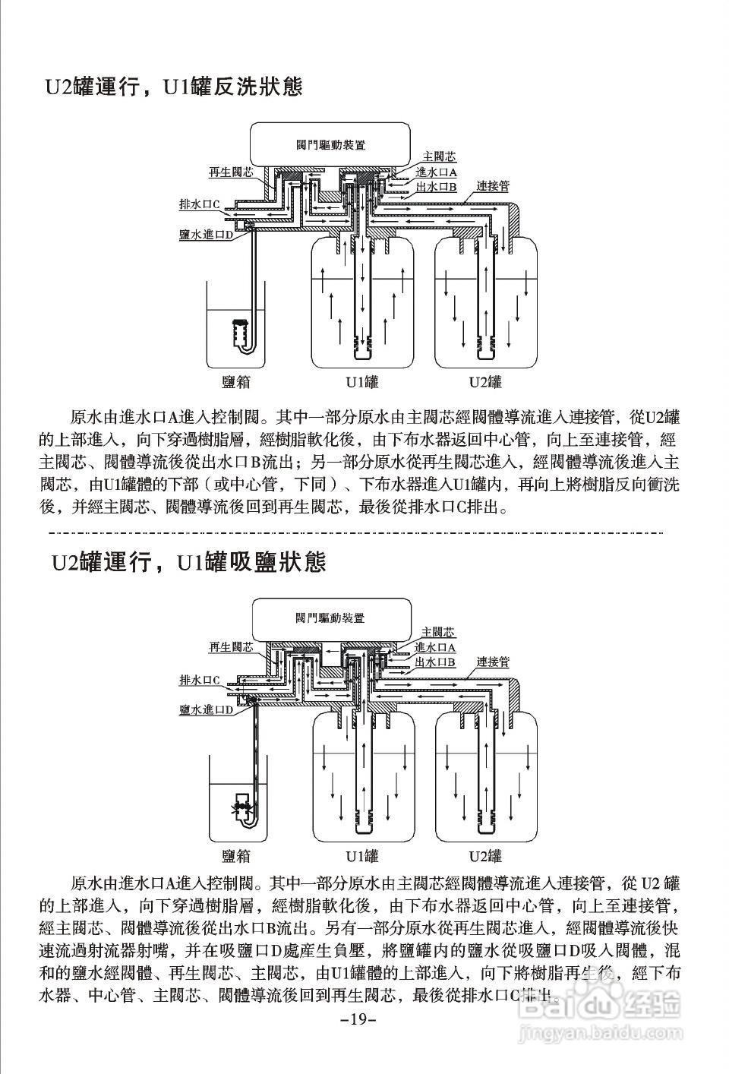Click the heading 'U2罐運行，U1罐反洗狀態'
pyautogui.click(x=173, y=87)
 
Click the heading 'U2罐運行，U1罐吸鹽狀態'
pyautogui.click(x=188, y=562)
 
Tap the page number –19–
pyautogui.click(x=359, y=1018)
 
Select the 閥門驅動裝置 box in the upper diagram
pyautogui.click(x=331, y=144)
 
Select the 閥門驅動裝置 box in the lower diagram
pyautogui.click(x=331, y=618)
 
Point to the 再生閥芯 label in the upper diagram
pyautogui.click(x=231, y=172)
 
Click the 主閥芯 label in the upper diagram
pyautogui.click(x=439, y=157)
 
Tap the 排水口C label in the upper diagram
pyautogui.click(x=199, y=204)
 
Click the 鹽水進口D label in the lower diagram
pyautogui.click(x=205, y=709)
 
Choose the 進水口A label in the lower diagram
pyautogui.click(x=435, y=647)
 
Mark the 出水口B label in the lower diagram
pyautogui.click(x=435, y=662)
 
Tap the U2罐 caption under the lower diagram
pyautogui.click(x=485, y=856)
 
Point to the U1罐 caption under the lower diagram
pyautogui.click(x=362, y=856)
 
